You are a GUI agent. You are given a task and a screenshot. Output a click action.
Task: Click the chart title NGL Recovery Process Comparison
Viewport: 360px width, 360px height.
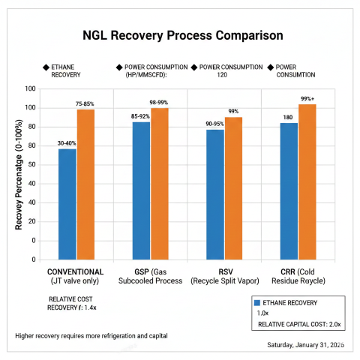(183, 35)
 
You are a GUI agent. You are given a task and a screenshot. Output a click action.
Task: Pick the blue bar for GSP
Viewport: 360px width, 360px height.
(141, 190)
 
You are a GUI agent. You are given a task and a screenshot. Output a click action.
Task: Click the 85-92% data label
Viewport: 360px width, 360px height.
(141, 116)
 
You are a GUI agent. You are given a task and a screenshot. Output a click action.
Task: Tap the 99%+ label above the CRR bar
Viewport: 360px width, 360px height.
(307, 98)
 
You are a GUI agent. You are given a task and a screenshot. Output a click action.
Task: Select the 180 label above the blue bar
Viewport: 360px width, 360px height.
(288, 117)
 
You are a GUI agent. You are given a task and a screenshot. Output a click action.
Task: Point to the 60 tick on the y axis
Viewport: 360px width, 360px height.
(31, 145)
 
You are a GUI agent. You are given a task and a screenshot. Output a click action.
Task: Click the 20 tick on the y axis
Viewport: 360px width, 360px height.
(31, 222)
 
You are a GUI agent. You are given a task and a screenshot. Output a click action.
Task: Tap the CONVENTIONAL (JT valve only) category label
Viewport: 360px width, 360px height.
(76, 276)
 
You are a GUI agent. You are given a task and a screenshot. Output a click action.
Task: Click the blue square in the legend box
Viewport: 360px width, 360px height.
(259, 302)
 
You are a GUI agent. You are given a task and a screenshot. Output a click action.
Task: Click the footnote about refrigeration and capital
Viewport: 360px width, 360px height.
(91, 335)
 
